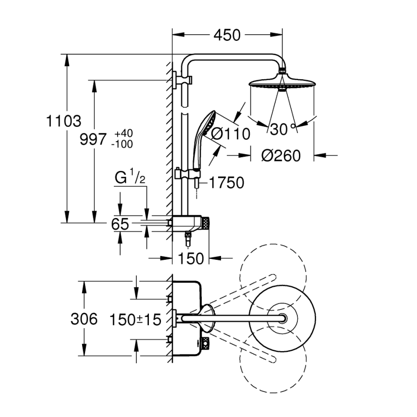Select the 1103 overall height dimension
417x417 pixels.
(63, 122)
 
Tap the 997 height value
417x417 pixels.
(92, 140)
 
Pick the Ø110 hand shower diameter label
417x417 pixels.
(231, 134)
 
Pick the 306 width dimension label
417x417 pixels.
(84, 319)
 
